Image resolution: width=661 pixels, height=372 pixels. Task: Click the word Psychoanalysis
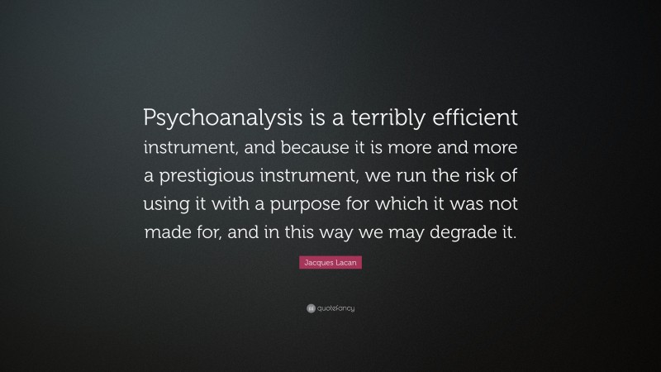click(221, 118)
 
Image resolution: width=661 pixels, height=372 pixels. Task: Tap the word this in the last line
click(290, 233)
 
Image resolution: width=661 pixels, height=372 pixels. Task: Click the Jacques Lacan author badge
click(330, 263)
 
